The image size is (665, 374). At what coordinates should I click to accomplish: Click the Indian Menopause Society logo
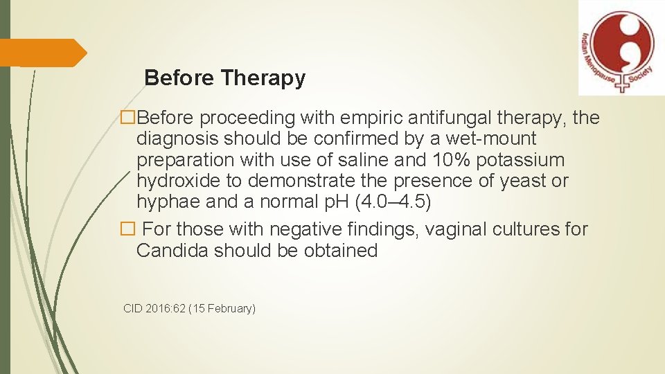click(x=617, y=47)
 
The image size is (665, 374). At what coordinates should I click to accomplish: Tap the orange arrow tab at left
click(x=43, y=53)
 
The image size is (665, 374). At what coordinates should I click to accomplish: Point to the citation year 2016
click(x=157, y=308)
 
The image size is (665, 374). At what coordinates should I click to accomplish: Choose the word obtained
click(x=340, y=250)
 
